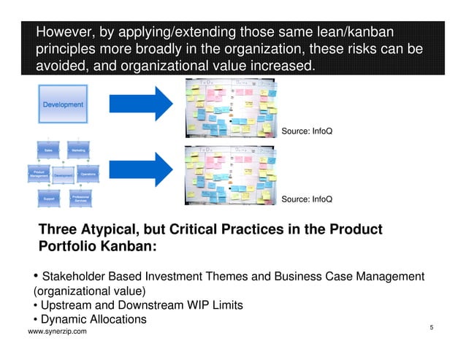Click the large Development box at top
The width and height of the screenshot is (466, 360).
[63, 104]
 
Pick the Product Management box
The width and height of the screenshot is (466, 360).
[38, 175]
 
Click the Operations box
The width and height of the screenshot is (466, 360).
[87, 175]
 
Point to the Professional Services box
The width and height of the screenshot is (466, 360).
[79, 198]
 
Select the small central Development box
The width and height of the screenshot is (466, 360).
[63, 175]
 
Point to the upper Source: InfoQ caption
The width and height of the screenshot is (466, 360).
[307, 132]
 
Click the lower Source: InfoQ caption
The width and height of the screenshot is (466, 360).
[307, 199]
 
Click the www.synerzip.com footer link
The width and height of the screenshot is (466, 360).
[57, 332]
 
